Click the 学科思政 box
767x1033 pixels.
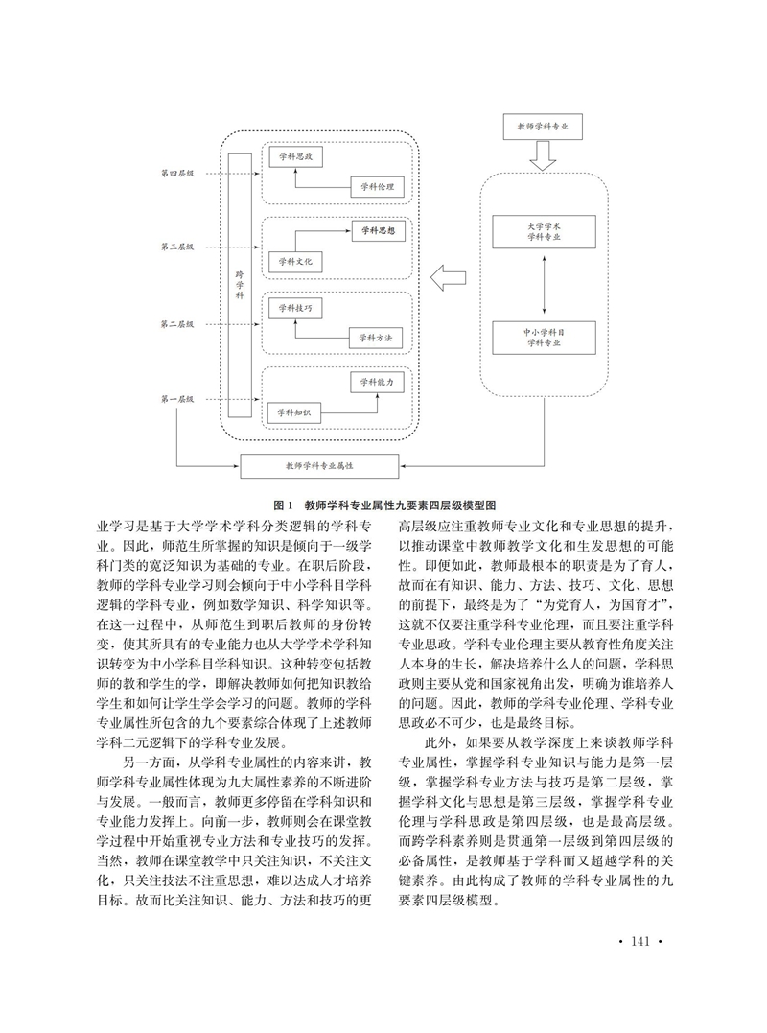tap(295, 156)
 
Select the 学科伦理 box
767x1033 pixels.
tap(377, 187)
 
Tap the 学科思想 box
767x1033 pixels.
tap(377, 231)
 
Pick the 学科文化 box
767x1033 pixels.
tap(295, 262)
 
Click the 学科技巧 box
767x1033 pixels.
tap(295, 308)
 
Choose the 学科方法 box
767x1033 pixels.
tap(375, 338)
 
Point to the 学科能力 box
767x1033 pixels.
tap(377, 382)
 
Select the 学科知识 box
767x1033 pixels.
tap(293, 412)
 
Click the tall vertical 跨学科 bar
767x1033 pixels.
tap(240, 285)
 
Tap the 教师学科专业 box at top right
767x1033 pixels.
tap(544, 127)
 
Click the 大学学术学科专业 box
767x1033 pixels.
tap(544, 231)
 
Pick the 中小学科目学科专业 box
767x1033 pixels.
tap(544, 338)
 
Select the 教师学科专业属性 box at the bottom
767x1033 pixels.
tap(319, 466)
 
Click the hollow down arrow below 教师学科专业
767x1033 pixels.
tap(544, 155)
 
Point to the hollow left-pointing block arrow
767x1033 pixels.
tap(449, 278)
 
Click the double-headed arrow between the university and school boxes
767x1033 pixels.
tap(544, 285)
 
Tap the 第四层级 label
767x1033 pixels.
tap(177, 174)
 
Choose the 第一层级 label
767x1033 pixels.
tap(177, 399)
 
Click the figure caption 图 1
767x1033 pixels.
tap(283, 505)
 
